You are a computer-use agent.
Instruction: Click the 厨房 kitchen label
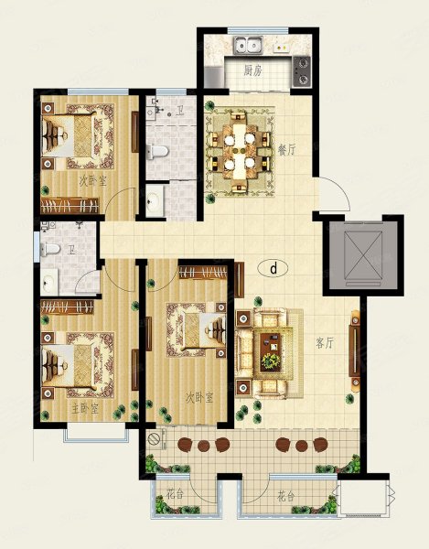[252, 71]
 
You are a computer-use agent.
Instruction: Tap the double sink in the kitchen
[249, 45]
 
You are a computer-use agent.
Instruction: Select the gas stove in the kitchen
[301, 71]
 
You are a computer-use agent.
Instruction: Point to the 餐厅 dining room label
[286, 151]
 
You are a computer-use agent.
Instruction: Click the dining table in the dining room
[240, 150]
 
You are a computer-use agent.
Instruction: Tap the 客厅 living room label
[325, 343]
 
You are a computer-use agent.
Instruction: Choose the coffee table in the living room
[271, 351]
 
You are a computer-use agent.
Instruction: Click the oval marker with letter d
[273, 268]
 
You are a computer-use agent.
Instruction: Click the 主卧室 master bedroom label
[85, 409]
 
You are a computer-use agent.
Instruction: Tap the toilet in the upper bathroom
[157, 151]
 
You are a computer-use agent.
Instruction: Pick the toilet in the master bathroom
[50, 249]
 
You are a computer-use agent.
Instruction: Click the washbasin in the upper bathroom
[155, 200]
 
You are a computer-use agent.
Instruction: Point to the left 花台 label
[175, 495]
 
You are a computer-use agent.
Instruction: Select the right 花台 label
[286, 496]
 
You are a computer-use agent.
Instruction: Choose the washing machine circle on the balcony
[155, 438]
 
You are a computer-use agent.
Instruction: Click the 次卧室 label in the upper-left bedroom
[92, 181]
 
